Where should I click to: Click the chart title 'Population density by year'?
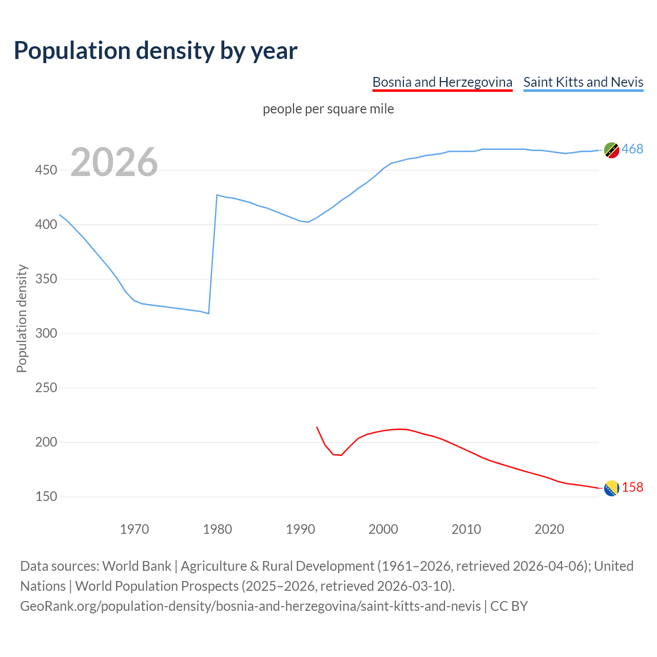(156, 51)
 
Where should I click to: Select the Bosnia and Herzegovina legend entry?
(442, 82)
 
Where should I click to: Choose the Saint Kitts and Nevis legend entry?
(583, 82)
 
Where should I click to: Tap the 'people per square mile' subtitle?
(328, 109)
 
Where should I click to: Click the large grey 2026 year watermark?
(114, 163)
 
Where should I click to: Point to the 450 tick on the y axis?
(46, 170)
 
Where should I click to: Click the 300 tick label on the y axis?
(46, 334)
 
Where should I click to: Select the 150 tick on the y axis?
(46, 497)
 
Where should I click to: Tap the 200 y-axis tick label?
(46, 442)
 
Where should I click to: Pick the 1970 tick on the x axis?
(134, 529)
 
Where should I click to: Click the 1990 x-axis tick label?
(300, 529)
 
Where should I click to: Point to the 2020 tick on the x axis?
(549, 529)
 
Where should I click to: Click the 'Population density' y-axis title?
(22, 318)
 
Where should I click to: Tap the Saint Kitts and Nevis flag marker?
(611, 150)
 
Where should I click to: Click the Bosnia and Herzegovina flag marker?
(611, 489)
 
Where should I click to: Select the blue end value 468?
(632, 149)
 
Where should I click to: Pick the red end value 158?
(632, 488)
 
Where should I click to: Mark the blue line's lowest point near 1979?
(208, 313)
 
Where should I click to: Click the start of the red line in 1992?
(317, 427)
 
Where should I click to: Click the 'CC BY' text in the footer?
(509, 606)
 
